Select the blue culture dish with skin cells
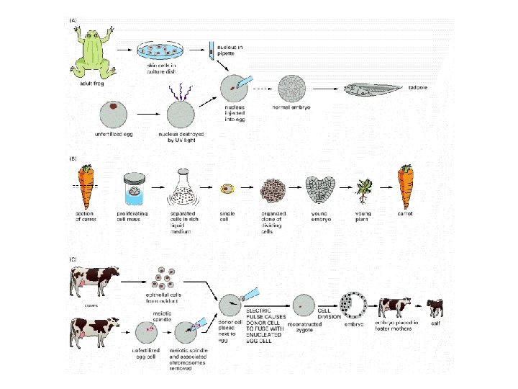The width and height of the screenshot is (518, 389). pos(161,51)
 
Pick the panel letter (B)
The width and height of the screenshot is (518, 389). pos(73,158)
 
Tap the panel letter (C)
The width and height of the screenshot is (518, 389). pos(73,259)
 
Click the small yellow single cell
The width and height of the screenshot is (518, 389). pos(227,189)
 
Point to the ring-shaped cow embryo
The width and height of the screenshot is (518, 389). pos(355,305)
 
